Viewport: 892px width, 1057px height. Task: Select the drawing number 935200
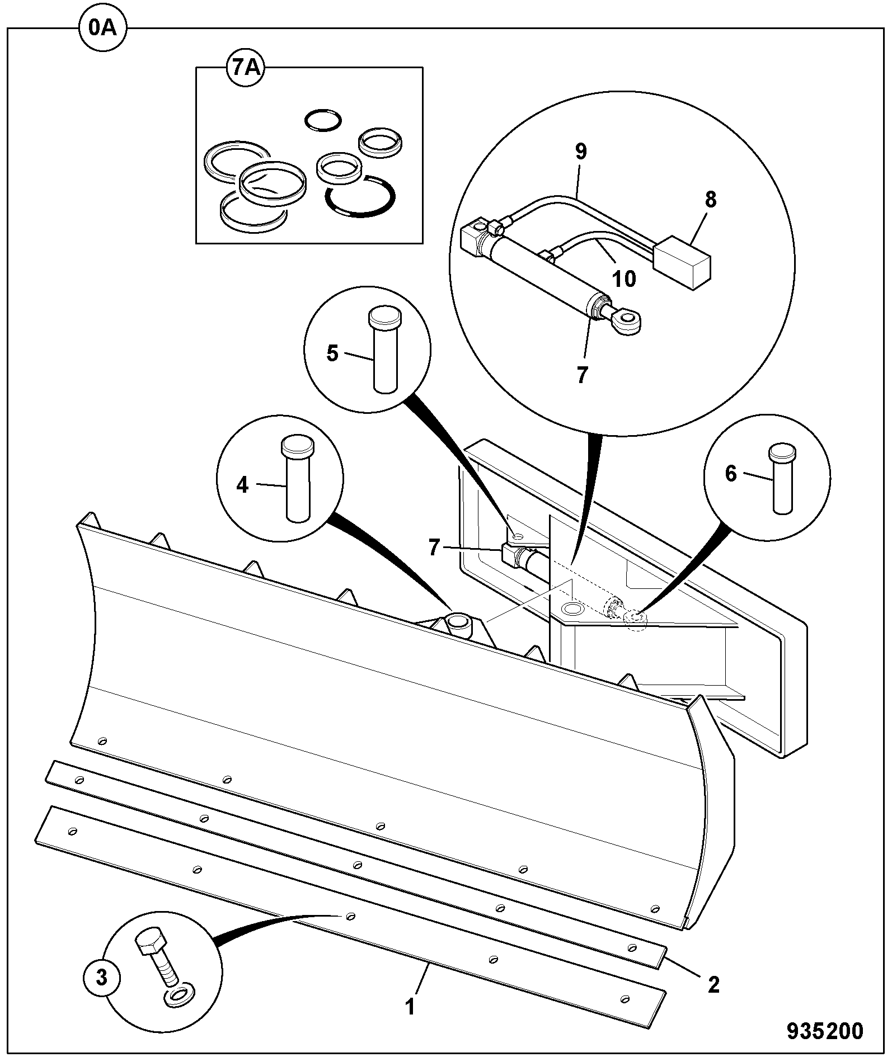(x=825, y=1031)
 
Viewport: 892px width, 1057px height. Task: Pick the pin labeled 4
(x=298, y=480)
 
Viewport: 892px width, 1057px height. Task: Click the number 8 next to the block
(x=710, y=200)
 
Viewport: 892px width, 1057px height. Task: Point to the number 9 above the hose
(x=581, y=152)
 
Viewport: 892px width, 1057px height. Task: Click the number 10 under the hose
(x=625, y=279)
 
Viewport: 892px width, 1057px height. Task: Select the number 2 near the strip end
(x=713, y=984)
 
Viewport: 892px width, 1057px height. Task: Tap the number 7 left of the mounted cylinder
(x=434, y=548)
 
